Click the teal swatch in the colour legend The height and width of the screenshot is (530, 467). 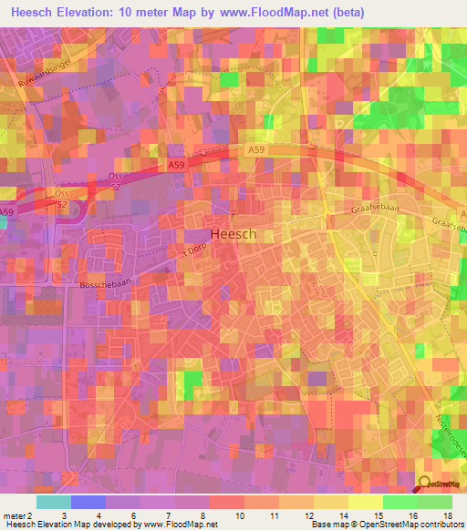click(53, 502)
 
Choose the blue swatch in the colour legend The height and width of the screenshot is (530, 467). click(88, 502)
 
